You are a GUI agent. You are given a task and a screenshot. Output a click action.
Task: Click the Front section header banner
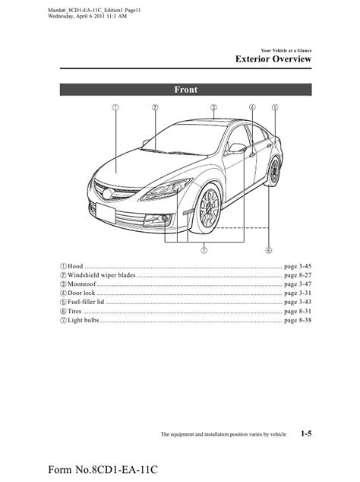[x=186, y=90]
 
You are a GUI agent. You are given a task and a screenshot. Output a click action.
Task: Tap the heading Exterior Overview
[x=273, y=59]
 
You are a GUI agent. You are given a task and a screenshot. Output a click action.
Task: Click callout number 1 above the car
[x=115, y=107]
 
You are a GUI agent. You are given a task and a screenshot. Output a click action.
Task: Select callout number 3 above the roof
[x=213, y=107]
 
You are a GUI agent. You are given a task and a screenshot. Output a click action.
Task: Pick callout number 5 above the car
[x=275, y=107]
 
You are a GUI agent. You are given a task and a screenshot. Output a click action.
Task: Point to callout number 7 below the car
[x=204, y=250]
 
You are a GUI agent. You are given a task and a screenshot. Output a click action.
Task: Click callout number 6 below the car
[x=269, y=250]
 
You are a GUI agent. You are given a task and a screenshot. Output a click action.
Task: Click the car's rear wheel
[x=274, y=171]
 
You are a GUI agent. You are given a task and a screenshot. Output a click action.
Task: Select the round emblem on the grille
[x=108, y=194]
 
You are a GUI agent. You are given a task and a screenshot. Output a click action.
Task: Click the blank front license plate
[x=106, y=213]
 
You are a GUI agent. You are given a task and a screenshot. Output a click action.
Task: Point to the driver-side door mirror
[x=238, y=147]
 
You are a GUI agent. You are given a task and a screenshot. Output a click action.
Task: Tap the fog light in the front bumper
[x=164, y=218]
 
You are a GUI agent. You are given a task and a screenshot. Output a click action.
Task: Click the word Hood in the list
[x=75, y=266]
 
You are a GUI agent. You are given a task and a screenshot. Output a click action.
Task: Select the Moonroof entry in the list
[x=82, y=284]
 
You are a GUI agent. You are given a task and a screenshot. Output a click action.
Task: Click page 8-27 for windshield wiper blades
[x=298, y=275]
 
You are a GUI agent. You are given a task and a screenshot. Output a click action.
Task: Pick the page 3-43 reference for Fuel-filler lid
[x=298, y=302]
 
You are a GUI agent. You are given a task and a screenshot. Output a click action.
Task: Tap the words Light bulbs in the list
[x=84, y=320]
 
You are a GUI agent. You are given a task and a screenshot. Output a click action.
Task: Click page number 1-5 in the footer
[x=306, y=433]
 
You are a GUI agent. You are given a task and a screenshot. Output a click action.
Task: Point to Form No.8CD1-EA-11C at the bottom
[x=103, y=470]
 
